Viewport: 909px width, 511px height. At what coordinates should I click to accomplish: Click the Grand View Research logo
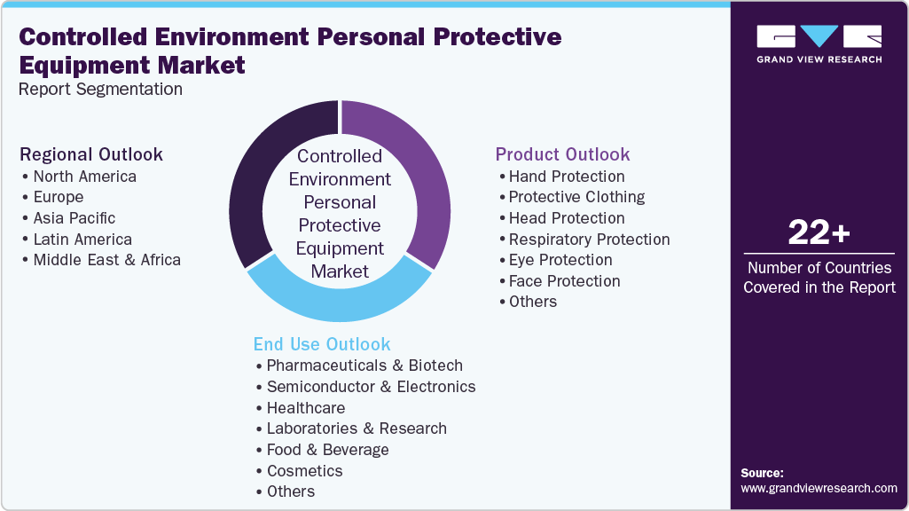(x=819, y=43)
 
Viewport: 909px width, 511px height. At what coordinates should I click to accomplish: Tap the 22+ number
(x=819, y=233)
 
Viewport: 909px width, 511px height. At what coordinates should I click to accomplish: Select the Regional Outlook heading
(x=91, y=154)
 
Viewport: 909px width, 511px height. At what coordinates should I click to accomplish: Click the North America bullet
(x=84, y=177)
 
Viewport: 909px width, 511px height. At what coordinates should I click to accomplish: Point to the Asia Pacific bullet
(x=74, y=218)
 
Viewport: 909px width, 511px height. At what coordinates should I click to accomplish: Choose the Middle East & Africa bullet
(x=106, y=260)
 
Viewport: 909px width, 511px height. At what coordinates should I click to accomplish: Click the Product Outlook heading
(x=562, y=154)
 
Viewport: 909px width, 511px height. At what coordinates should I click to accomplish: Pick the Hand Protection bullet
(x=566, y=177)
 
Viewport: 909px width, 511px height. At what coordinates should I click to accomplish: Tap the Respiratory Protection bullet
(x=589, y=240)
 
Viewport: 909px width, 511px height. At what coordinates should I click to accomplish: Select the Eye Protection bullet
(x=560, y=260)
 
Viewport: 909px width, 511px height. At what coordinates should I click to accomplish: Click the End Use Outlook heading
(x=322, y=344)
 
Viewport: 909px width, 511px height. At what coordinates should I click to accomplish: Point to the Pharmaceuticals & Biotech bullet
(x=364, y=366)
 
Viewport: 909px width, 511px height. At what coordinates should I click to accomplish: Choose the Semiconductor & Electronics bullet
(x=371, y=387)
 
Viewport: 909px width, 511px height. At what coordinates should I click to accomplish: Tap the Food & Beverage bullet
(x=327, y=450)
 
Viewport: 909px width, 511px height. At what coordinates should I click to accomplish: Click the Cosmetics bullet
(x=304, y=471)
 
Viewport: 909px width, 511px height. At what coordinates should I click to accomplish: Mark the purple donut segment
(x=426, y=177)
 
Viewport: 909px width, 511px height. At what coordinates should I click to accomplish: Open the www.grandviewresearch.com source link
(x=819, y=488)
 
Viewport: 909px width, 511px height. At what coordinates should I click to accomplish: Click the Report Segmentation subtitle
(x=101, y=89)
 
